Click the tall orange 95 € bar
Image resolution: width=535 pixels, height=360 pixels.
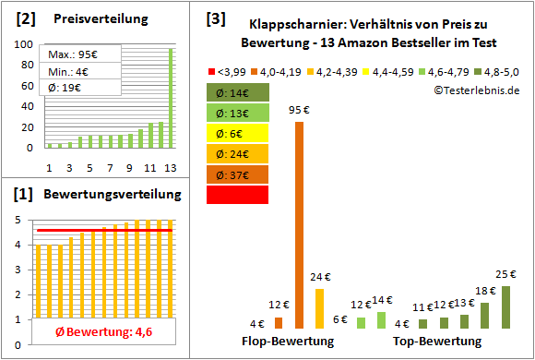299,224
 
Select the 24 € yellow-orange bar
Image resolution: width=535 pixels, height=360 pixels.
320,308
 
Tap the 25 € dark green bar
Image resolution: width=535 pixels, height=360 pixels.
505,306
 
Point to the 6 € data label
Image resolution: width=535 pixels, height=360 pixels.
339,318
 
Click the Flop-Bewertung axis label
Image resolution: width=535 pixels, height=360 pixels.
288,342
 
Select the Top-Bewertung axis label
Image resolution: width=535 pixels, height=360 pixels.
437,342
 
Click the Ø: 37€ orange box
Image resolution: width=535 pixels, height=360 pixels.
238,174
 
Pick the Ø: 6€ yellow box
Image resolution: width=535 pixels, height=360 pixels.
238,133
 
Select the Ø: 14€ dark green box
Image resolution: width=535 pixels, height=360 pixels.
238,92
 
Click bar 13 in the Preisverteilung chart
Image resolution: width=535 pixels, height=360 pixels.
170,97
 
